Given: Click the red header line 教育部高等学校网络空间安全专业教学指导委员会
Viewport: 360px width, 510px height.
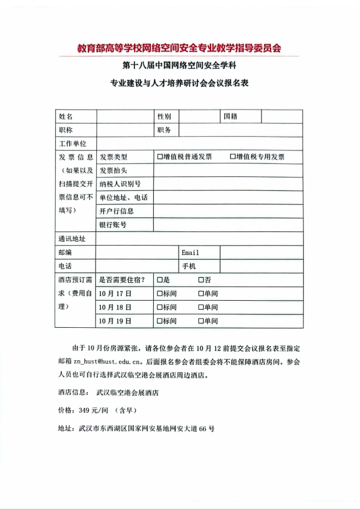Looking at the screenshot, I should coord(179,48).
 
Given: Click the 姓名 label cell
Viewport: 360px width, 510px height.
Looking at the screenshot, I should coord(66,116).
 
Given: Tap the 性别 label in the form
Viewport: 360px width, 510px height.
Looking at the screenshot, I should coord(165,116).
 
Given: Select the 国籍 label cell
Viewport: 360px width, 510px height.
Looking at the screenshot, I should coord(231,116).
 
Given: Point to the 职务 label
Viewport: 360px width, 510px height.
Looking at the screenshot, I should coord(165,130).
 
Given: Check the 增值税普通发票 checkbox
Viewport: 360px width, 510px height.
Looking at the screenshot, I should coord(160,157).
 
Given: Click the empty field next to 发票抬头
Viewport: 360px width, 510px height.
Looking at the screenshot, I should coord(228,170).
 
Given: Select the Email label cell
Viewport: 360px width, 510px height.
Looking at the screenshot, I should coord(191,253).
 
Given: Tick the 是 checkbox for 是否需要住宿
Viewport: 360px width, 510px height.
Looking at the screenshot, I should coord(160,280).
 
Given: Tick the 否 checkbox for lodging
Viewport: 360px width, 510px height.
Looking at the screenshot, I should coord(201,280).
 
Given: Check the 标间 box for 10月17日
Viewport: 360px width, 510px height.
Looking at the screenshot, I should coord(160,294).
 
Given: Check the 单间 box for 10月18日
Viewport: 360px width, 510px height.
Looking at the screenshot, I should coord(201,307).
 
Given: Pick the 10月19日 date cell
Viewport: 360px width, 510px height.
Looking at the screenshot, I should coord(116,321).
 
